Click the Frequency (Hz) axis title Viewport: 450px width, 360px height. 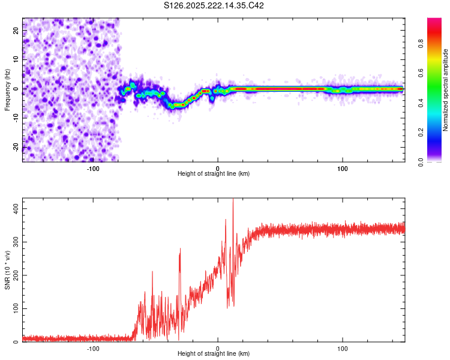coord(7,90)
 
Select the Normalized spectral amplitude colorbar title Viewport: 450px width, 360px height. coord(445,90)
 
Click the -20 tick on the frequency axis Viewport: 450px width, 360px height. coord(14,147)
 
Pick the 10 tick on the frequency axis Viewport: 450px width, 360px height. coord(16,59)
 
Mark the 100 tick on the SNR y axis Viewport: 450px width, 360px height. coord(13,308)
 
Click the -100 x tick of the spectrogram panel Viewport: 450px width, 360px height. coord(93,169)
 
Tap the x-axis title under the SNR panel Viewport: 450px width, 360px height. coord(214,354)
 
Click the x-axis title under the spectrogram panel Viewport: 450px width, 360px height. coord(214,174)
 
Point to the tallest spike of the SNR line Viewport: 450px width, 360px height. coord(233,200)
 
